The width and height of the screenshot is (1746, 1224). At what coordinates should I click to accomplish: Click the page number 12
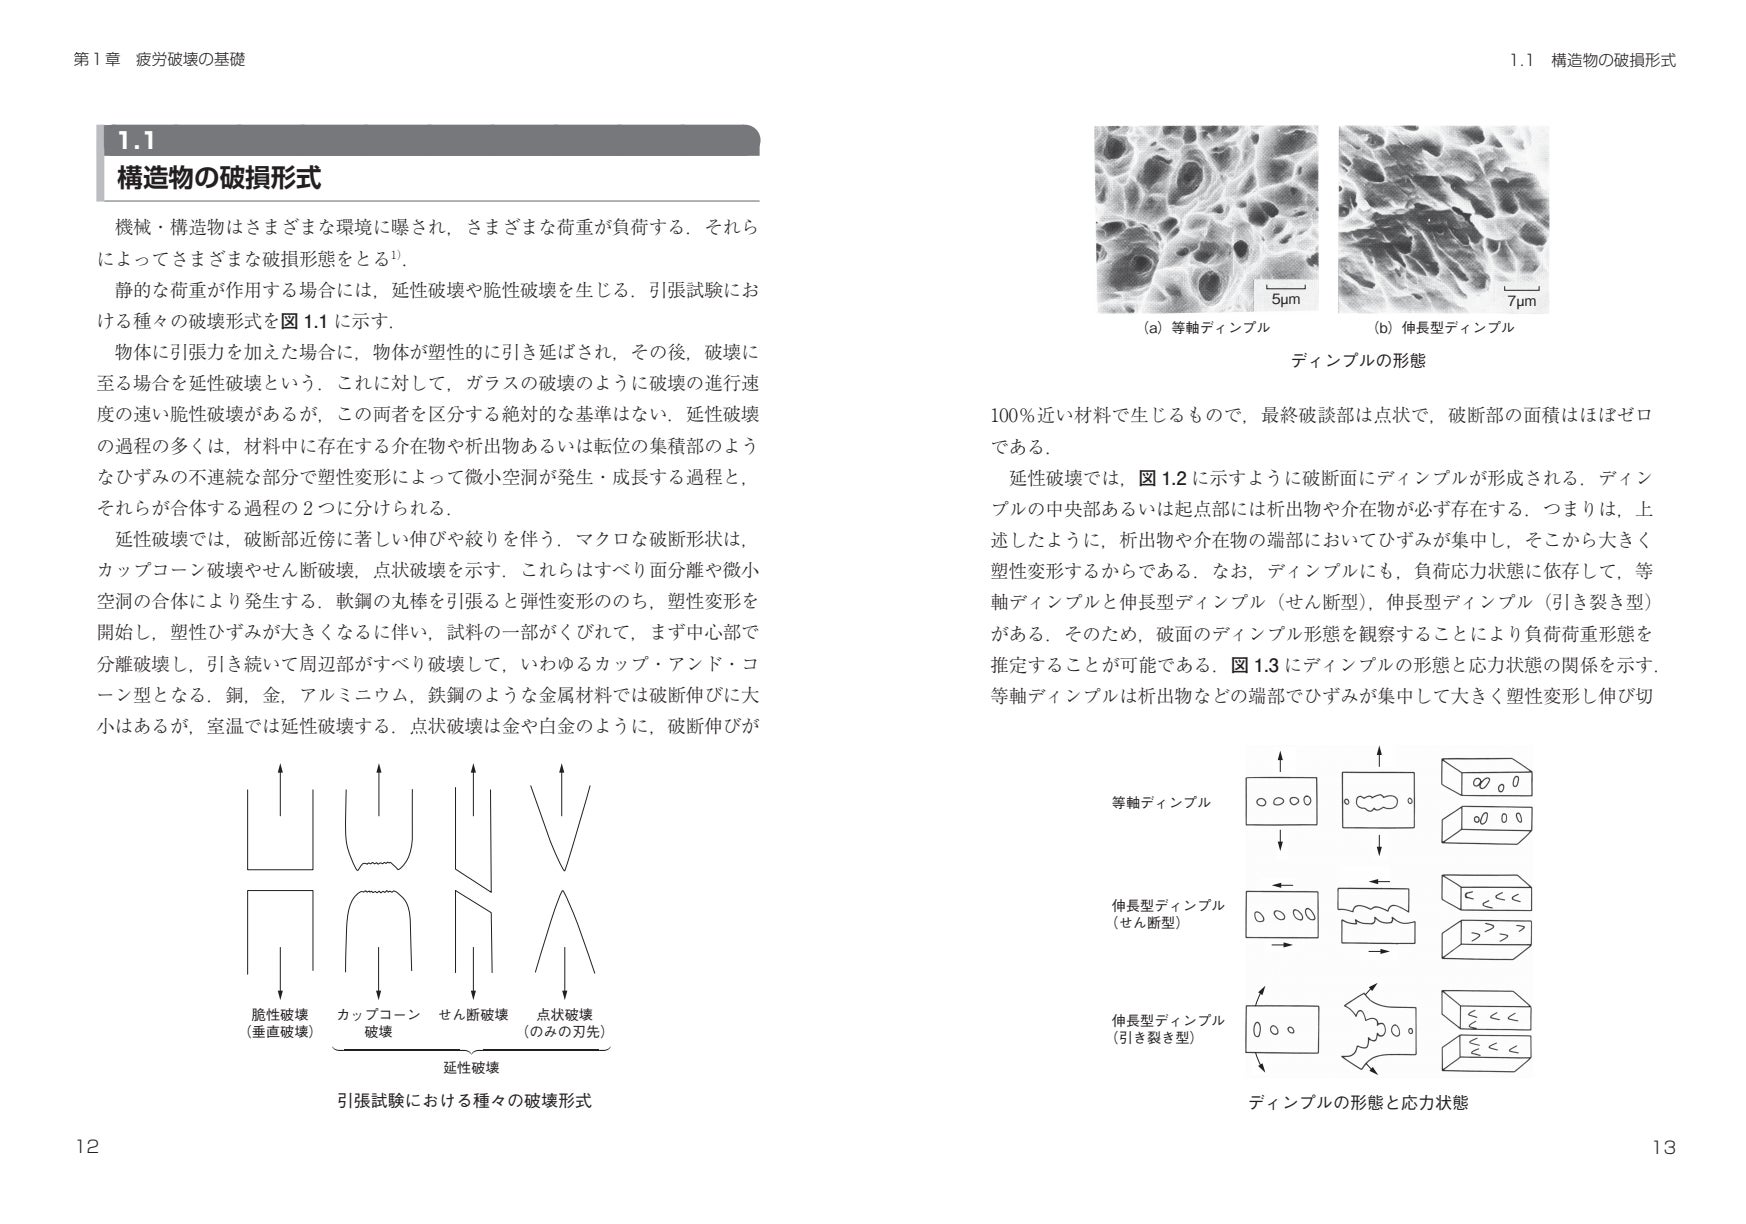point(87,1148)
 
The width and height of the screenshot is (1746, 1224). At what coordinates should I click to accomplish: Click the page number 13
point(1663,1148)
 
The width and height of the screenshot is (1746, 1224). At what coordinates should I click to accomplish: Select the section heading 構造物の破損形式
point(218,179)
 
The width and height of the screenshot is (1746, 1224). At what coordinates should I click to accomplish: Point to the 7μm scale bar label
point(1520,301)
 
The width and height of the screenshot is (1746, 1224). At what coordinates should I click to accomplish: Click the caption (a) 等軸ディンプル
point(1206,328)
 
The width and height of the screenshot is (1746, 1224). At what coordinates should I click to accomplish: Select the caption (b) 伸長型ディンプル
point(1444,328)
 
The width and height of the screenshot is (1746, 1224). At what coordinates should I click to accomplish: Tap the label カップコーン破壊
point(378,1022)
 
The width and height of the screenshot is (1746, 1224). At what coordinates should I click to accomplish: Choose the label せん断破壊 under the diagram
point(474,1014)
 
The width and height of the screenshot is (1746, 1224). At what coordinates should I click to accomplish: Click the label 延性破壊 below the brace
point(471,1067)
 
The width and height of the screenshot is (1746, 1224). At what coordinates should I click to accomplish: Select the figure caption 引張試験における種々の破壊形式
point(464,1101)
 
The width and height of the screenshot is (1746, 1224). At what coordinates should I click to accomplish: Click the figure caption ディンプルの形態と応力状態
point(1358,1103)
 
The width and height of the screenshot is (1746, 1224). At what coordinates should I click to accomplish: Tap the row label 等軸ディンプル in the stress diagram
point(1161,802)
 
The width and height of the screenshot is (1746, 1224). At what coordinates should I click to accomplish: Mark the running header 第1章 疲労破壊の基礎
point(159,61)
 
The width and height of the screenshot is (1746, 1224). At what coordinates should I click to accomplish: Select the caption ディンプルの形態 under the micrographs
point(1358,361)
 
